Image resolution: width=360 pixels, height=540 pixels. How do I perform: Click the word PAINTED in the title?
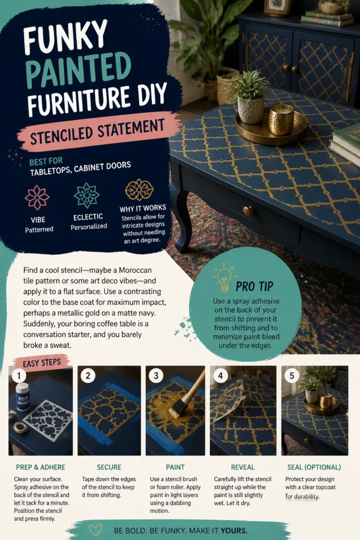(x=79, y=70)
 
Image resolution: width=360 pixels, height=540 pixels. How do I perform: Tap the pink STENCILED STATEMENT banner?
(x=99, y=131)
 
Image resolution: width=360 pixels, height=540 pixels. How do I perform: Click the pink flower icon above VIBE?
(x=37, y=197)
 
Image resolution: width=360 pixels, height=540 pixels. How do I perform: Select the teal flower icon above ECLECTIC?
(x=86, y=195)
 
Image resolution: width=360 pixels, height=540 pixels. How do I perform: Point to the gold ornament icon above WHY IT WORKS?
(x=139, y=190)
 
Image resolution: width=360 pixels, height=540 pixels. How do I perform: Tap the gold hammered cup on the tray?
(x=281, y=120)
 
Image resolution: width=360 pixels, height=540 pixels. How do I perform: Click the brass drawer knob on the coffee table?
(x=247, y=210)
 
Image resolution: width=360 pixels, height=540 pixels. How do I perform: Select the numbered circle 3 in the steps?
(x=156, y=375)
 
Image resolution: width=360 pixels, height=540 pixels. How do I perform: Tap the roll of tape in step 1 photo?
(x=21, y=427)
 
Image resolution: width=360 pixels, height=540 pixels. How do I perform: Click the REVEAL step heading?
(x=242, y=467)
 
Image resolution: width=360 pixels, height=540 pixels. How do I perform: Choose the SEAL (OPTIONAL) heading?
(x=314, y=467)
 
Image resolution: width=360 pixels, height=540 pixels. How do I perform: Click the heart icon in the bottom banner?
(x=95, y=529)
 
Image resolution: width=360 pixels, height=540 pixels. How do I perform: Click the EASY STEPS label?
(x=42, y=363)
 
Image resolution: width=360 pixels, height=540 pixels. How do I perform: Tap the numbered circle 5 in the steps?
(x=292, y=375)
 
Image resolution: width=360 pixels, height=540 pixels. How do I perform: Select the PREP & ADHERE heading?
(x=41, y=467)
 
